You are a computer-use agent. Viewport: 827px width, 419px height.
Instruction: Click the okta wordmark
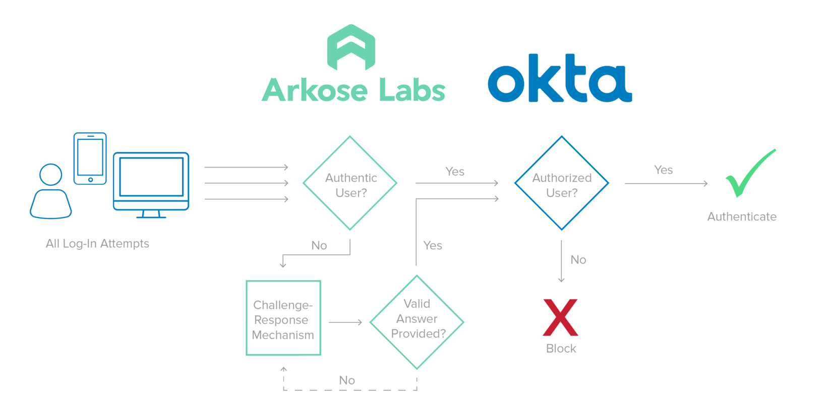click(560, 79)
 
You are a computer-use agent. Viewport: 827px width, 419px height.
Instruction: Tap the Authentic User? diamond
click(350, 183)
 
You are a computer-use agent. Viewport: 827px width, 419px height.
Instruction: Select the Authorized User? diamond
click(561, 183)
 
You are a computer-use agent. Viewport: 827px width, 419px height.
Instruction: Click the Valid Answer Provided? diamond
click(417, 322)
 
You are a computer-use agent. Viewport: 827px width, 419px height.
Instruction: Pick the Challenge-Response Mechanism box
click(283, 319)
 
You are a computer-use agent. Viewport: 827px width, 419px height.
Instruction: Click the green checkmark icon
click(749, 173)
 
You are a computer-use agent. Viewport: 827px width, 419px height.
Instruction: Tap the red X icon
click(560, 318)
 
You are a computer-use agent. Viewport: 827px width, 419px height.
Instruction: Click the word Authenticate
click(741, 217)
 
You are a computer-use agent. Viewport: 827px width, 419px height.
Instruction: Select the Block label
click(561, 348)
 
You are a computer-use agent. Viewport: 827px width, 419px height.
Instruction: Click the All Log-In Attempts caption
click(97, 243)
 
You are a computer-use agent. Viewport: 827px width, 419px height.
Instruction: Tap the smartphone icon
click(90, 159)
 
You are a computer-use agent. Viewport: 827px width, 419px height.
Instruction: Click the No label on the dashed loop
click(347, 380)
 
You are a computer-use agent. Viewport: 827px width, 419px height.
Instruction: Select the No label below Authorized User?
click(578, 259)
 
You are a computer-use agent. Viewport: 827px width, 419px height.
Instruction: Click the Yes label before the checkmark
click(663, 170)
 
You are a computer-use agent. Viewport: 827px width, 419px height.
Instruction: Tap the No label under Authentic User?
click(319, 245)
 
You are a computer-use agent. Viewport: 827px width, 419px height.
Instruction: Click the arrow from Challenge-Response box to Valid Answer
click(345, 322)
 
